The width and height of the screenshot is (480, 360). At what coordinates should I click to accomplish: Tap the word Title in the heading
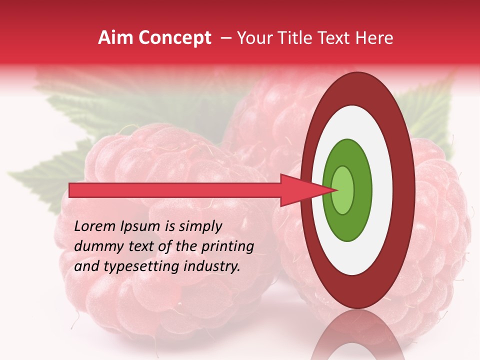[299, 38]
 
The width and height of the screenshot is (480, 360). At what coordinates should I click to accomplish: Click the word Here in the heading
[373, 38]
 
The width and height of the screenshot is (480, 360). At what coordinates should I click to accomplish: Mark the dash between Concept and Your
[226, 38]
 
